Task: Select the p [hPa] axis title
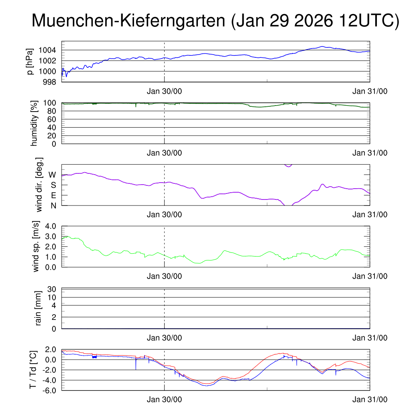coord(30,61)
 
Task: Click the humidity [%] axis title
coord(34,123)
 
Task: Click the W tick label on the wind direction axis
coord(52,175)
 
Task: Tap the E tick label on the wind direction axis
coord(53,195)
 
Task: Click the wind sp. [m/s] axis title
coord(37,246)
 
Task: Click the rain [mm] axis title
coord(39,309)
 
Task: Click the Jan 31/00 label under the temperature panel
coord(370,400)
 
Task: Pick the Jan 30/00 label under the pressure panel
coord(164,92)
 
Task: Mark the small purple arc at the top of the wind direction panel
coord(288,165)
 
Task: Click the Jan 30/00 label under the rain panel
coord(164,338)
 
